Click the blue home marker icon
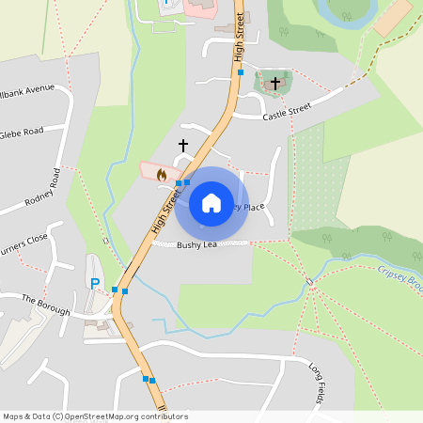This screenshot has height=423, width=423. coord(211,203)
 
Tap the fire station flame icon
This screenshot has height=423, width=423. coord(162,174)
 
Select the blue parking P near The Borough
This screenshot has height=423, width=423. coord(94,283)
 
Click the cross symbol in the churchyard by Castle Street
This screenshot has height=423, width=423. coord(274,85)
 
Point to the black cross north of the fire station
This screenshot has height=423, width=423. coord(183,146)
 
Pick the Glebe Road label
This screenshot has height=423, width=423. coord(21,132)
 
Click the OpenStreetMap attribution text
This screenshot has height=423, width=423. coord(94,416)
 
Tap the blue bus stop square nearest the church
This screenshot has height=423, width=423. coord(241,72)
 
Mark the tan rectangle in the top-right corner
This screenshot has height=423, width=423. coord(392,18)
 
